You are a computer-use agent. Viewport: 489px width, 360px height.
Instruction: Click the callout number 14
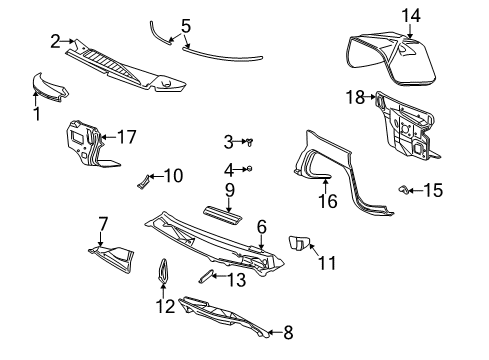tap(412, 14)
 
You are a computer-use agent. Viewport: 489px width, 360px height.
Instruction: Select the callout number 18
tap(355, 97)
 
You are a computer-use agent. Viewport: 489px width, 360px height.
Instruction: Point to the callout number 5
tap(185, 24)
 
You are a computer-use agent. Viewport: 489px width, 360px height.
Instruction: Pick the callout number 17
tap(126, 136)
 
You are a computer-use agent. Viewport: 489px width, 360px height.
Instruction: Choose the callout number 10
tap(173, 176)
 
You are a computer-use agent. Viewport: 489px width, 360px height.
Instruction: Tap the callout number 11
tap(327, 263)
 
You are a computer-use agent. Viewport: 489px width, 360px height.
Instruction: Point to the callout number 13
tap(236, 280)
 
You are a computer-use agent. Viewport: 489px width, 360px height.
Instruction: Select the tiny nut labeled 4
tap(250, 168)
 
